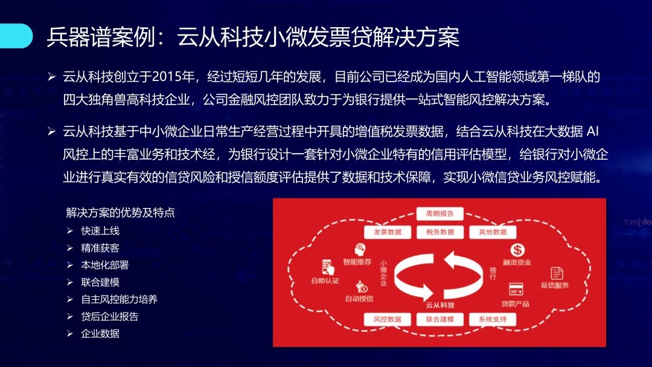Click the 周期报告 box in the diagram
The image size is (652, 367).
tap(439, 213)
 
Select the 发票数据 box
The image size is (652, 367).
tap(388, 232)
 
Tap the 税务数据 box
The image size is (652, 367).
tap(440, 232)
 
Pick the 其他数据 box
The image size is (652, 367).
tap(493, 232)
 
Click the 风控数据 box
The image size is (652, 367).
tap(388, 319)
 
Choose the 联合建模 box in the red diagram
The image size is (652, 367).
tap(440, 319)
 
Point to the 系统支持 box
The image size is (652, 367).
tap(493, 319)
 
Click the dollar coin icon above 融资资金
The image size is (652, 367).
tap(517, 250)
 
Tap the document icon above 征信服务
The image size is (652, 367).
tap(557, 273)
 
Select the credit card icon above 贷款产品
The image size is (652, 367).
tap(516, 289)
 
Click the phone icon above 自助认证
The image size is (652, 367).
tap(328, 267)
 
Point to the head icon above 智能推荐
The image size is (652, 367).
tap(360, 250)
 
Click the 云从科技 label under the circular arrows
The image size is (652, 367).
tap(440, 305)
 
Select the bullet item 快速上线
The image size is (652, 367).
tap(100, 231)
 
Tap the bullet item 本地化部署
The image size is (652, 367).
tap(105, 265)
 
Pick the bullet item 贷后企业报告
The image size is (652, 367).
tap(110, 317)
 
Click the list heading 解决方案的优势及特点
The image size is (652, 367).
tap(120, 212)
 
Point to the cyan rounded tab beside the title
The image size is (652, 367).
tap(16, 36)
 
